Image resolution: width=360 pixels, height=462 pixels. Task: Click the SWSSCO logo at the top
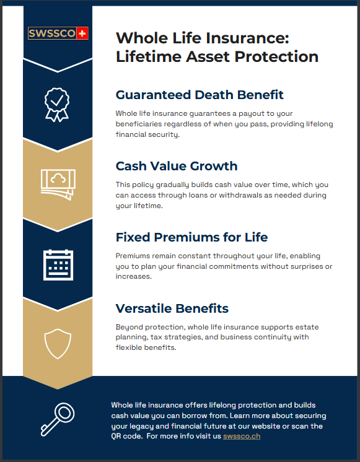coord(58,33)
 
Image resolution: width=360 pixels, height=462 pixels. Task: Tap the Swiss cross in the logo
coord(82,33)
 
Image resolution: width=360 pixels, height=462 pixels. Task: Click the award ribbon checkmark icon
coord(56,102)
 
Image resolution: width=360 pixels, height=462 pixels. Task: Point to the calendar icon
coord(58,264)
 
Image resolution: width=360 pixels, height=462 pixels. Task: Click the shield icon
coord(58,343)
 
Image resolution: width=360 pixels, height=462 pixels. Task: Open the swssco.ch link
coord(242,436)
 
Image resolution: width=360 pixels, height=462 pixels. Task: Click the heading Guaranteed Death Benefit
coord(200,95)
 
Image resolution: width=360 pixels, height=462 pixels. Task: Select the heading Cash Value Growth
coord(177,166)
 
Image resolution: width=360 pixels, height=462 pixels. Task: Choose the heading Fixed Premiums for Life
coord(191,237)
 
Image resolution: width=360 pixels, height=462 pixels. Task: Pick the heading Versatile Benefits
coord(172,308)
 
